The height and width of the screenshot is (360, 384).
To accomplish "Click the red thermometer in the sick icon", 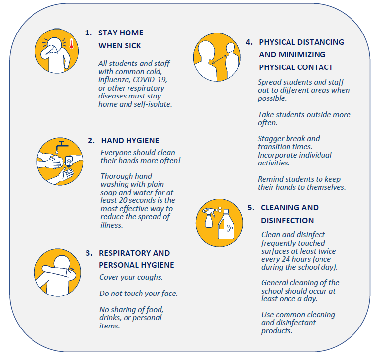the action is point(71,44).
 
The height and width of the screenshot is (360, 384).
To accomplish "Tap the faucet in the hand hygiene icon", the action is point(62,145).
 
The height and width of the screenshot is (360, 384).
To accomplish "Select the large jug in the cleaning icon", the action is point(226,225).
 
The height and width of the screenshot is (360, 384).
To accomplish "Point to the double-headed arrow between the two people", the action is point(219,59).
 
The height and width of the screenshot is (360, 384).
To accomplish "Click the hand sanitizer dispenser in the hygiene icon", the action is point(69,161).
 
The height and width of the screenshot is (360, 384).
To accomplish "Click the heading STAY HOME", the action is point(121,33).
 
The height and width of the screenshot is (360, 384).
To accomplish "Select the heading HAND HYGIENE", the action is point(130,141).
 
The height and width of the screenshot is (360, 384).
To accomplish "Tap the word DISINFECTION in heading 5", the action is point(288,220).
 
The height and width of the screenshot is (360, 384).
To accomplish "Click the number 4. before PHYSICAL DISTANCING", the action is point(249,42).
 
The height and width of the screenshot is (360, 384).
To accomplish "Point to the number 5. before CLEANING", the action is point(251,208).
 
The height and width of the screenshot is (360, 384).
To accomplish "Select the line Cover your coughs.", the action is point(131,277).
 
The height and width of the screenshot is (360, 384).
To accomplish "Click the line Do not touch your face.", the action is point(139,294).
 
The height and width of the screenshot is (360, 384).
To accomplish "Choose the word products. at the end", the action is point(277,331).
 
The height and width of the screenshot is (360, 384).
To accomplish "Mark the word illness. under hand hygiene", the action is point(112,225).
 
